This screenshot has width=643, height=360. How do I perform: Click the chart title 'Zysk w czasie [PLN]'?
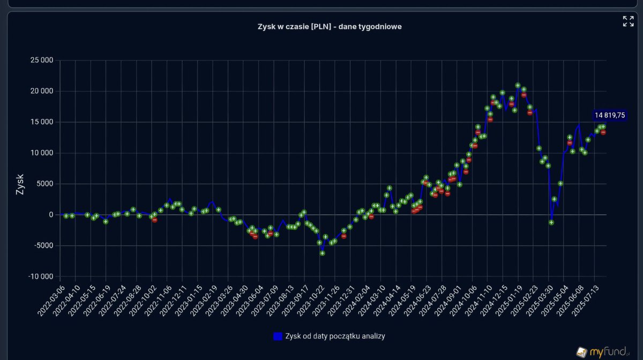click(330, 27)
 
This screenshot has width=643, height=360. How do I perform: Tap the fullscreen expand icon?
click(628, 21)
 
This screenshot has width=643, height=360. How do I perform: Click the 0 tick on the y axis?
click(50, 215)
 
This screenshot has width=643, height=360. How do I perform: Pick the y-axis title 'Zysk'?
click(20, 183)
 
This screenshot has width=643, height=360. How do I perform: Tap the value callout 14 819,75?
click(610, 115)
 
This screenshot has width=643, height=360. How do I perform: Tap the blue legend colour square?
click(278, 336)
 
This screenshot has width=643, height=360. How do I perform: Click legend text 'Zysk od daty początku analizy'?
click(335, 336)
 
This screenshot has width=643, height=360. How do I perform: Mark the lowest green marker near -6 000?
click(322, 253)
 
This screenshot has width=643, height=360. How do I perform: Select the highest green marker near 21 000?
click(518, 85)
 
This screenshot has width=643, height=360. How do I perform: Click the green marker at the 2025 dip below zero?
click(551, 222)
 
